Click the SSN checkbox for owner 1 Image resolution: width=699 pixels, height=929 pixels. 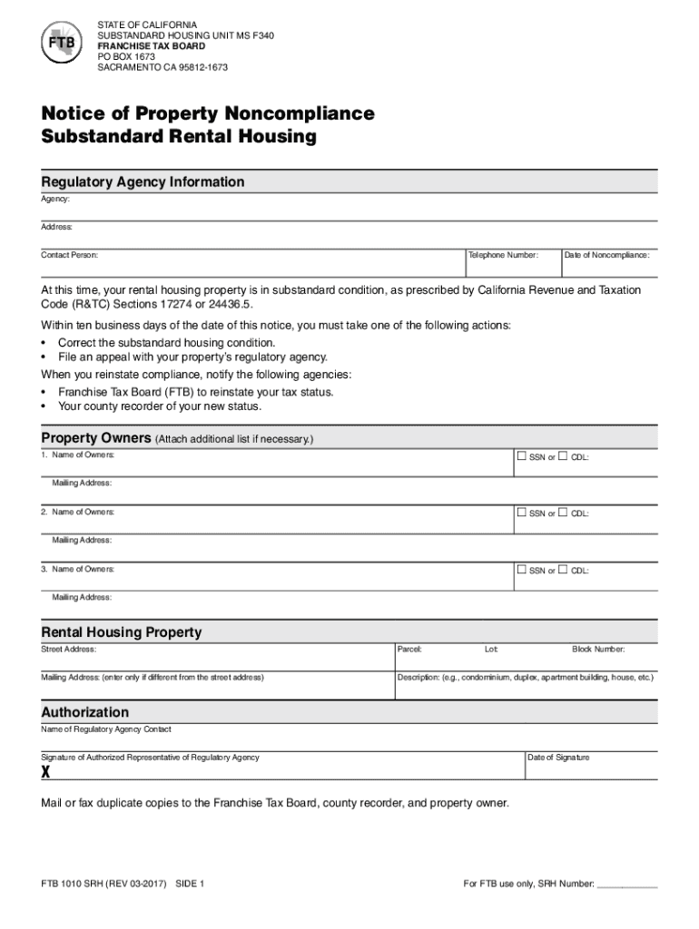(x=521, y=455)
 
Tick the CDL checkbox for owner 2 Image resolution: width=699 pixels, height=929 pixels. (x=563, y=513)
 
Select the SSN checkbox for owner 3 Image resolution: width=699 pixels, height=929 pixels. (x=521, y=570)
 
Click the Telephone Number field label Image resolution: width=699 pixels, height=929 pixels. (x=504, y=255)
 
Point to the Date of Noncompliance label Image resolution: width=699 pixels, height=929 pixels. (x=606, y=255)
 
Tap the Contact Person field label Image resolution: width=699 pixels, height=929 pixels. (x=70, y=255)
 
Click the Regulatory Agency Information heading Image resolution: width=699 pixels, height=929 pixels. (x=143, y=181)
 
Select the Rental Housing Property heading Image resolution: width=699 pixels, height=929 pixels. (x=122, y=631)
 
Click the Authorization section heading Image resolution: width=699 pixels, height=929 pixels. (x=85, y=712)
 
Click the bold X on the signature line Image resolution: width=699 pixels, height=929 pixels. (x=45, y=772)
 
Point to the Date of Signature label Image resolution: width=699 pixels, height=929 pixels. (x=558, y=758)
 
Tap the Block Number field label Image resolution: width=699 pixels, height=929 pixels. (x=598, y=650)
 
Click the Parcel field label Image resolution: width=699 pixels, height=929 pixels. (x=409, y=650)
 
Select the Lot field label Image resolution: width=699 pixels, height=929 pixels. (x=491, y=650)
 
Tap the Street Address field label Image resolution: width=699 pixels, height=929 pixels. (x=69, y=650)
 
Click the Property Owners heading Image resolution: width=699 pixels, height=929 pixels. (x=94, y=438)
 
